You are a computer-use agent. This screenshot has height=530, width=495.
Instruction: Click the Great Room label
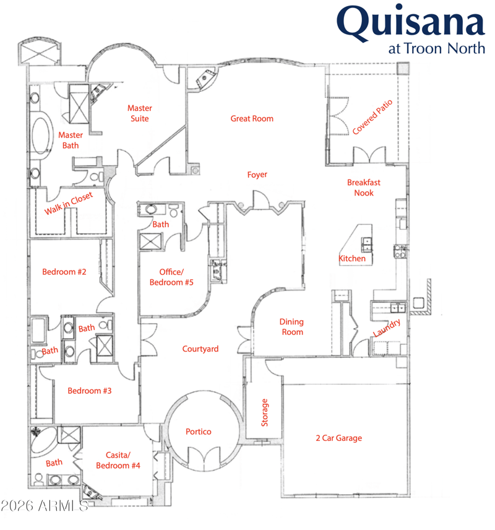coord(252,118)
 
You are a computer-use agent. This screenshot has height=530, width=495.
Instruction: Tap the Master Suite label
coord(139,113)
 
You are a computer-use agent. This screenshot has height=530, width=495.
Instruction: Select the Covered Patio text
coord(373,116)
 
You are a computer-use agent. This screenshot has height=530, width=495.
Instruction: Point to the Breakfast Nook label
coord(364,188)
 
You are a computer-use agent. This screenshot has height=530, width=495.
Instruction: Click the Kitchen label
coord(352,258)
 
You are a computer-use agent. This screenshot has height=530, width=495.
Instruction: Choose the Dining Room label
coord(291,327)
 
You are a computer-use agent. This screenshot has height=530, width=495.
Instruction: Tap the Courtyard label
coord(200,349)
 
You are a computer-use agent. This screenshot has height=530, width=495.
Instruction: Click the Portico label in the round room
coord(199,432)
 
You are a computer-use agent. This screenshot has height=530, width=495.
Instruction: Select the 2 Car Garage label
coord(338,438)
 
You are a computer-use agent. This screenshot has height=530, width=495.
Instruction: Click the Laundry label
coord(387,328)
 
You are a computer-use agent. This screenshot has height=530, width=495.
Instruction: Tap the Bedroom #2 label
coord(64,271)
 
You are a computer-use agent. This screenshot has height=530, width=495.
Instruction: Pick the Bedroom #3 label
coord(90,391)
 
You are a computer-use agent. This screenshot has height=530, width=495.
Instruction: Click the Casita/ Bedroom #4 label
coord(118,459)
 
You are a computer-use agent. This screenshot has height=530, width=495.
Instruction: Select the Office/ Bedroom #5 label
coord(172,277)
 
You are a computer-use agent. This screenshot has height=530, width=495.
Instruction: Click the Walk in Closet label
coord(68,203)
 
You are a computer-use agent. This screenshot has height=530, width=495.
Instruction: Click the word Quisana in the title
coord(411,24)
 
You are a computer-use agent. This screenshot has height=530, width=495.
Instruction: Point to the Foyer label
coord(257,175)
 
